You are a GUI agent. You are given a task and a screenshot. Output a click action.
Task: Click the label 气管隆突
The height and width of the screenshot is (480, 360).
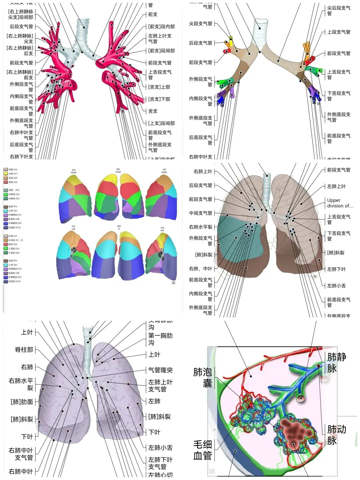(160, 370)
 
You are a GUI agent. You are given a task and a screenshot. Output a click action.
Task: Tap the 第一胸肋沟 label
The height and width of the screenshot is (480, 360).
(160, 339)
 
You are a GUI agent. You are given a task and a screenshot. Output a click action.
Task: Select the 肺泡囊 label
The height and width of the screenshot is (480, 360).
(203, 377)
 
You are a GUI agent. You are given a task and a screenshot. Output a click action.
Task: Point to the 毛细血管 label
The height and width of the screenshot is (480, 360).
(203, 450)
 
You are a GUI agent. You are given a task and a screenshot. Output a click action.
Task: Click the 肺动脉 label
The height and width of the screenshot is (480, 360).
(336, 435)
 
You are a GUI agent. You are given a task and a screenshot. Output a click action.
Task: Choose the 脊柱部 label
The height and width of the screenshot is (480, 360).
(24, 350)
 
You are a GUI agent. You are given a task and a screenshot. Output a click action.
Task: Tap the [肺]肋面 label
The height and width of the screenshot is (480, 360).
(22, 402)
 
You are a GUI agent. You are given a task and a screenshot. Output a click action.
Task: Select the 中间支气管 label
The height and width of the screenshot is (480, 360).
(201, 213)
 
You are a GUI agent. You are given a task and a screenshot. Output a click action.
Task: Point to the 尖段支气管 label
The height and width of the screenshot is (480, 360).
(201, 24)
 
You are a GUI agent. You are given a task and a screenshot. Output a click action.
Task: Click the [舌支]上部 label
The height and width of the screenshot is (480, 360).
(159, 87)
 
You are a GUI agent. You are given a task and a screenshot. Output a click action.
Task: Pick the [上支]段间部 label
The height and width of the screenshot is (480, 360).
(162, 123)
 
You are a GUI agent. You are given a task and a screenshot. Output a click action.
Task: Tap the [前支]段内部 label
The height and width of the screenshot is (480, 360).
(162, 27)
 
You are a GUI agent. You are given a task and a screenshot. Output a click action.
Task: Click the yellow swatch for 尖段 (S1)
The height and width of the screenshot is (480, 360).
(6, 174)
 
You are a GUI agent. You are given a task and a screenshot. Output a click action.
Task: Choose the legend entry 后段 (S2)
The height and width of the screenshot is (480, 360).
(13, 178)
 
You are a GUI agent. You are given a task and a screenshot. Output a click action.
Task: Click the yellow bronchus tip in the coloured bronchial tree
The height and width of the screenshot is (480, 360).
(231, 38)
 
